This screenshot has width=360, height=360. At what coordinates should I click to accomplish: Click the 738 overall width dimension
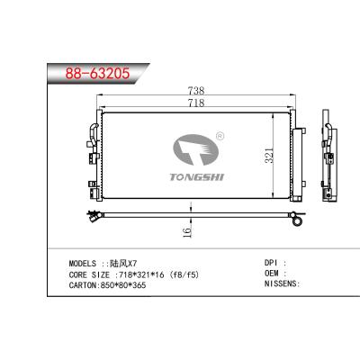(196, 91)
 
